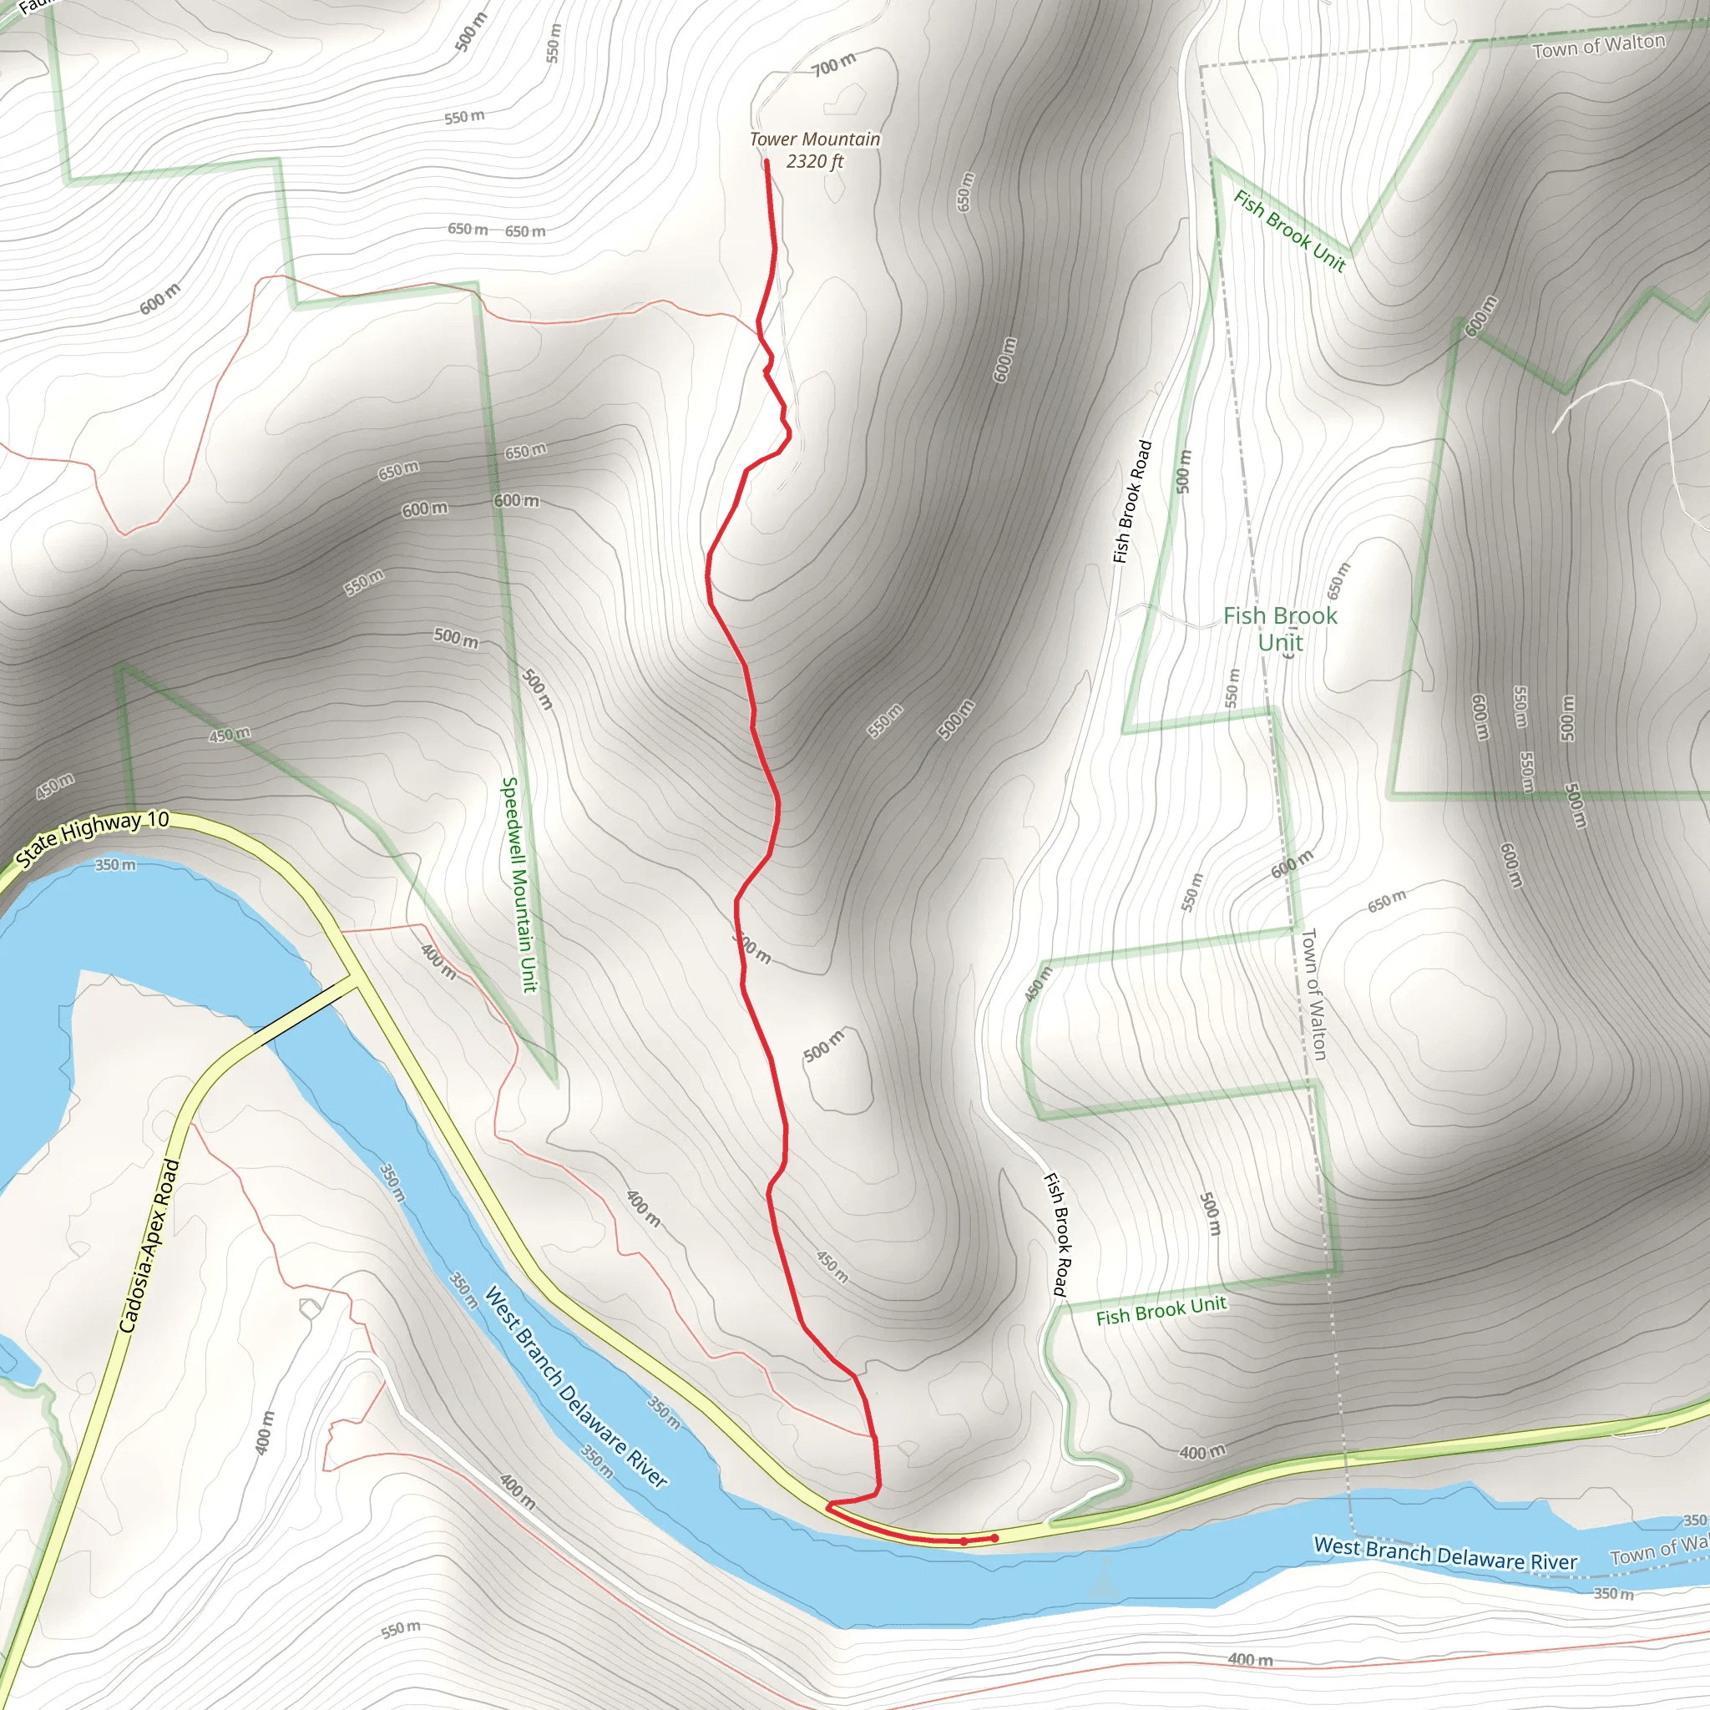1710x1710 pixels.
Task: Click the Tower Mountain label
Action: [x=814, y=139]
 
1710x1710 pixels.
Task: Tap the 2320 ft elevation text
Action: [x=814, y=161]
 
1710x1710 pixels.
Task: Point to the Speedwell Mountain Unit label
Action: [x=519, y=884]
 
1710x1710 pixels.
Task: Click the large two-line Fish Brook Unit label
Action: [x=1280, y=629]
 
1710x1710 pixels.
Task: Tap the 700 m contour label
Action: [x=834, y=63]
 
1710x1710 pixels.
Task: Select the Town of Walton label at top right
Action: [x=1597, y=45]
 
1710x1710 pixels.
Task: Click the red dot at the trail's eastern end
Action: [x=994, y=1538]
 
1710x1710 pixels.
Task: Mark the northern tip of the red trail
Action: [x=766, y=162]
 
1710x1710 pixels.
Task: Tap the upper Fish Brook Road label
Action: [x=1132, y=502]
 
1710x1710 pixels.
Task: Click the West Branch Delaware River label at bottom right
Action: [x=1444, y=1554]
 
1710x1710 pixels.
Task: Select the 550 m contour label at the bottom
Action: [x=401, y=1630]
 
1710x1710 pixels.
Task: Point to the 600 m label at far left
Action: [x=159, y=298]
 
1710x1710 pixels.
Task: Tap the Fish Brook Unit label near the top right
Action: [x=1288, y=231]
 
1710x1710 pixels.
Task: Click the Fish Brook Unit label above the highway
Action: [x=1161, y=1311]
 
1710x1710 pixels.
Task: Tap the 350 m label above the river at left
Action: [x=116, y=864]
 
